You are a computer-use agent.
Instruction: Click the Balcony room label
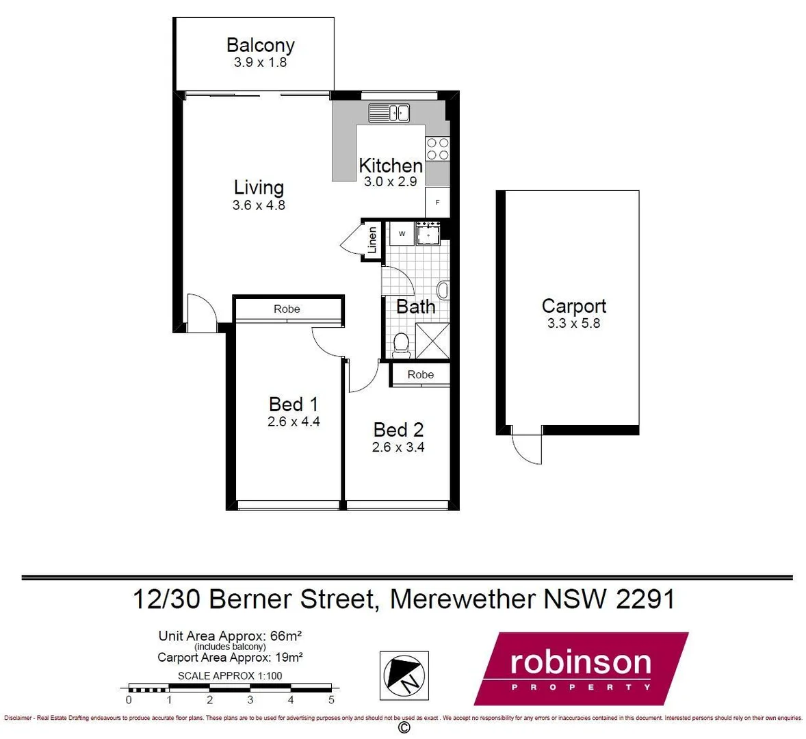[260, 45]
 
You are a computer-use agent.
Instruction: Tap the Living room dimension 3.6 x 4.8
[259, 205]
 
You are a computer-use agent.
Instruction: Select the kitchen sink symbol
[389, 112]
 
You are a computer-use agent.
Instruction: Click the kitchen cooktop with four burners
[437, 149]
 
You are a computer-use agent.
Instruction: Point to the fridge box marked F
[437, 203]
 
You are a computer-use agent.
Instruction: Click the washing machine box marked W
[402, 234]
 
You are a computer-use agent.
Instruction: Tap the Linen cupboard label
[372, 239]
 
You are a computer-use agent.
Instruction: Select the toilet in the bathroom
[402, 346]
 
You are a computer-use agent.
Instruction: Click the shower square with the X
[432, 340]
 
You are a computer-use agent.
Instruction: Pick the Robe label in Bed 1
[287, 309]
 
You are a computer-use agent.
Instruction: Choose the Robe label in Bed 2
[420, 374]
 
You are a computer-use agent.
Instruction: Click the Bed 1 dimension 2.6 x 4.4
[294, 422]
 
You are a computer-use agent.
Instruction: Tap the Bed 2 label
[398, 430]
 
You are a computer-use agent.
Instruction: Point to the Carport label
[573, 306]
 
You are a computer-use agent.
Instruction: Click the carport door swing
[525, 448]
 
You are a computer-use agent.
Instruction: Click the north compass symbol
[404, 675]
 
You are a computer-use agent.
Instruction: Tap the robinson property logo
[581, 669]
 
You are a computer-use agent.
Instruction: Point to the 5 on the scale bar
[331, 700]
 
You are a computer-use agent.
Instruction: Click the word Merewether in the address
[463, 599]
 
